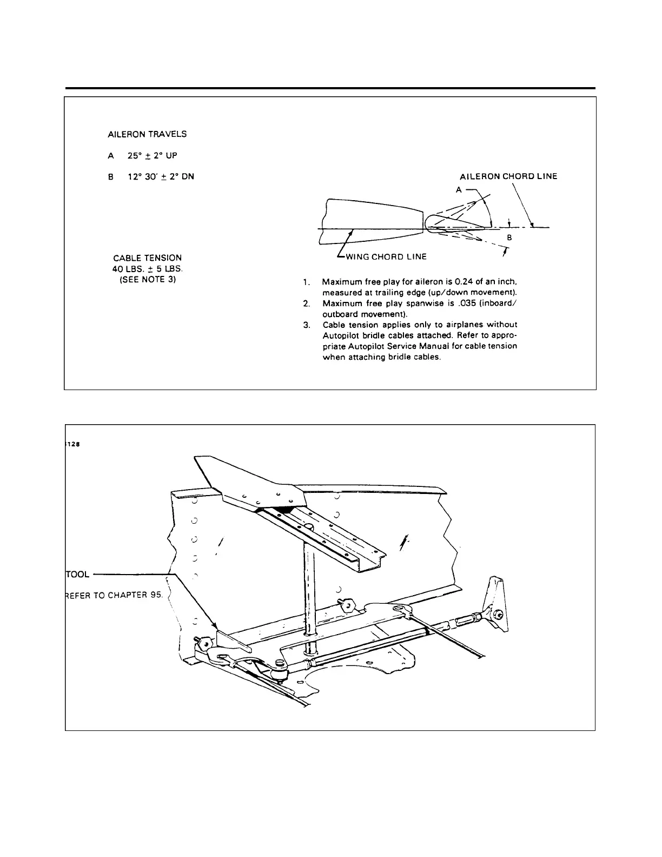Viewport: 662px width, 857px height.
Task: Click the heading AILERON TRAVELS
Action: (148, 133)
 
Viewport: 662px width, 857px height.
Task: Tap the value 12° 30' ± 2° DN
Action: (160, 176)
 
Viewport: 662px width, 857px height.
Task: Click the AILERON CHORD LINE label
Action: (508, 176)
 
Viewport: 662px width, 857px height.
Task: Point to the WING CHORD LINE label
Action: (386, 256)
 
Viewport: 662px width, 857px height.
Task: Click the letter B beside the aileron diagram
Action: (509, 237)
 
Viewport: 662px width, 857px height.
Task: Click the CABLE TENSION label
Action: (148, 258)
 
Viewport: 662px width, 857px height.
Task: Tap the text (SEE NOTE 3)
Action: (148, 280)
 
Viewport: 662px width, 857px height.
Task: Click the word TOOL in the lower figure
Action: (77, 573)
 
